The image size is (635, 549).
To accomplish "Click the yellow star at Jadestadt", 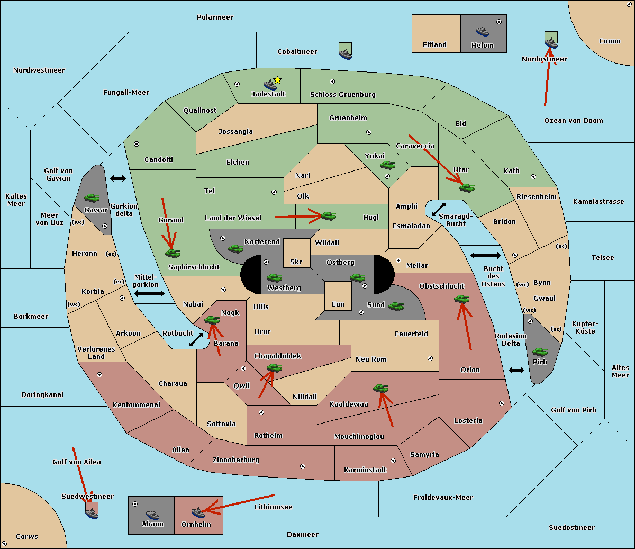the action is [x=277, y=80].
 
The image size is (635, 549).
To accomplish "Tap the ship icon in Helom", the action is [x=482, y=31].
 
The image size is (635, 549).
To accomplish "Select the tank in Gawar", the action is [x=92, y=197].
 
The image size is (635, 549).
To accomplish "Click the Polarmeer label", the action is [x=215, y=17].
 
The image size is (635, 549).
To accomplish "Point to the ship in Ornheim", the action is [x=198, y=512].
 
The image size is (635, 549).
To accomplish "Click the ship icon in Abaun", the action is [x=152, y=515].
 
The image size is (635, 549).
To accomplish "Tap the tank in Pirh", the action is [x=540, y=352].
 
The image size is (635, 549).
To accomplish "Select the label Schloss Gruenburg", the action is [x=343, y=94].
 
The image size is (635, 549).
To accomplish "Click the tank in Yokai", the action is [x=388, y=165].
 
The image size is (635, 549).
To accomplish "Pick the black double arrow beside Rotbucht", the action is [x=196, y=339].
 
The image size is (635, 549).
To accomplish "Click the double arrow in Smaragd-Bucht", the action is [x=439, y=209].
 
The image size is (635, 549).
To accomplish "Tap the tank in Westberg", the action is [x=274, y=277].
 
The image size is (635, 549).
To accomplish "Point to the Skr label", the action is [x=296, y=262].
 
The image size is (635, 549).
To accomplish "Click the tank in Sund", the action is [x=396, y=306].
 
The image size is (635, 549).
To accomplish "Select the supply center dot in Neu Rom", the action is [x=430, y=358].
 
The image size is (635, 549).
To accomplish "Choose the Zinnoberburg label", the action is [x=236, y=460].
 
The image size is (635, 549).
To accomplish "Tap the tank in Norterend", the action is [x=235, y=248].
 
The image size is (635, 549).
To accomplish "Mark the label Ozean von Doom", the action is [x=574, y=121].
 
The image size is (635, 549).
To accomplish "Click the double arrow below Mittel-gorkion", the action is [x=149, y=293].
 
